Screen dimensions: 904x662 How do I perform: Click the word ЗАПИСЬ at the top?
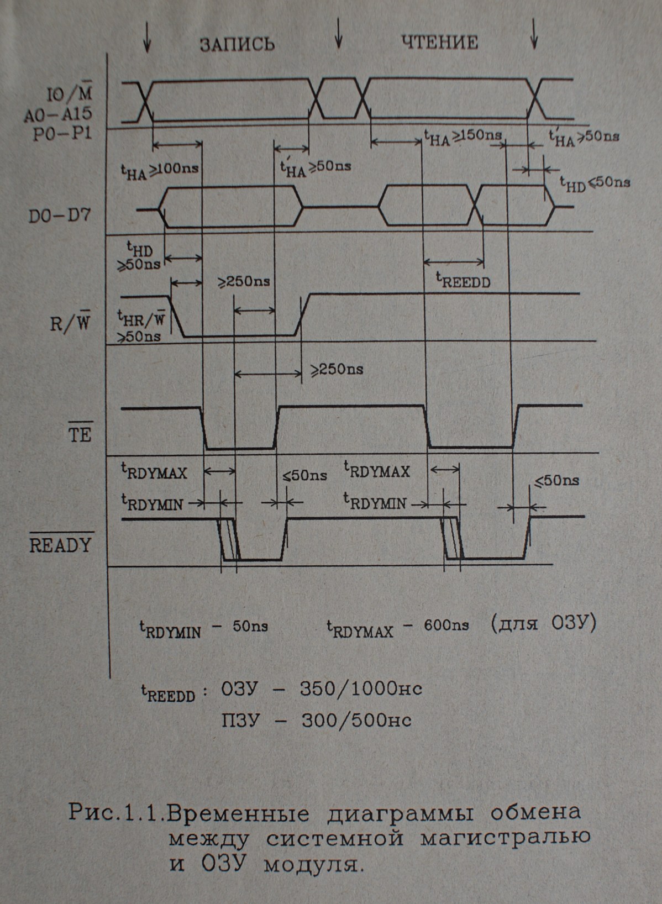237,44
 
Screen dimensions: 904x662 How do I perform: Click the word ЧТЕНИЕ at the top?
439,43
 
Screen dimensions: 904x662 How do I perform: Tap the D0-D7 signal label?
60,215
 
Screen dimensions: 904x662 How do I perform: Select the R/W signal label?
70,323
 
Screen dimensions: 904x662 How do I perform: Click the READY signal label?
60,545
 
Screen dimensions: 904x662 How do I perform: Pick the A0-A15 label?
58,115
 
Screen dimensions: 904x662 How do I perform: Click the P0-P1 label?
62,134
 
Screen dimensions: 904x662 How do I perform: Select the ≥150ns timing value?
477,135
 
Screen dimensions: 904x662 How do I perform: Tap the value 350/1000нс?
361,689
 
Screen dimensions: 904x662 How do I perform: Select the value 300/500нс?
356,721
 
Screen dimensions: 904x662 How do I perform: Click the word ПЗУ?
240,721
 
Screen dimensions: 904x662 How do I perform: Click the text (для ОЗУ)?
543,623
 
